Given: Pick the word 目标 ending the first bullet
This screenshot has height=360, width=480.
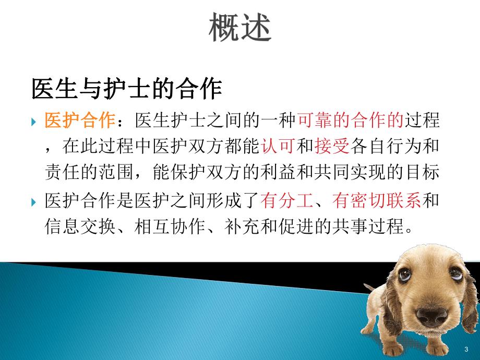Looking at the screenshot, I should [x=426, y=173].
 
